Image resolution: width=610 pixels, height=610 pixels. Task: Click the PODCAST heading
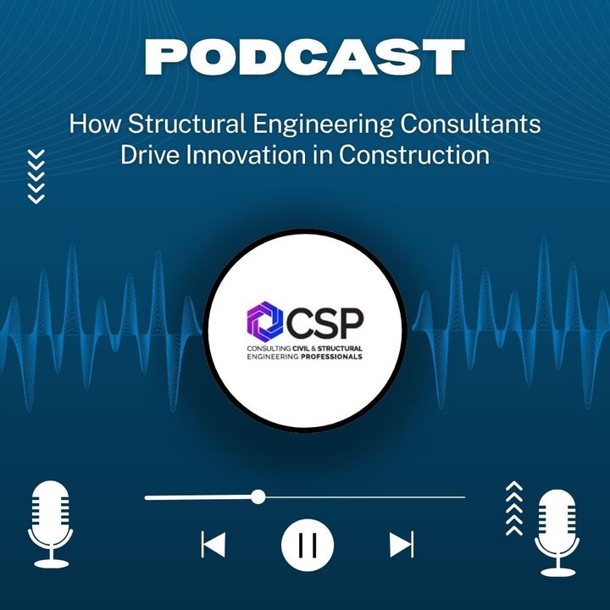(305, 57)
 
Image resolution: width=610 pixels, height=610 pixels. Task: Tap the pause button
(308, 545)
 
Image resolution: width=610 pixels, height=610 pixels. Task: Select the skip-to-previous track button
(213, 544)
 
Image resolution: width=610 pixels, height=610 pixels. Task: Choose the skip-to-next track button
(402, 544)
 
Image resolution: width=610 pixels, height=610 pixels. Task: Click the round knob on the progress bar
(258, 497)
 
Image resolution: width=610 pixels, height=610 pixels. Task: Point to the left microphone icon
(51, 524)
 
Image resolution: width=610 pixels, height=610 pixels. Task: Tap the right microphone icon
(557, 533)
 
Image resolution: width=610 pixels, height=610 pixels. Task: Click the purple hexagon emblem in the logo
(265, 319)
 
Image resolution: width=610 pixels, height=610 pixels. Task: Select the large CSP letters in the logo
(324, 323)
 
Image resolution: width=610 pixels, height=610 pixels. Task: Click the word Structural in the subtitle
(186, 124)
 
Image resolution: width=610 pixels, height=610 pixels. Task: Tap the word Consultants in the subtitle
(470, 124)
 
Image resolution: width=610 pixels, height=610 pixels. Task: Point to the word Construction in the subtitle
(414, 155)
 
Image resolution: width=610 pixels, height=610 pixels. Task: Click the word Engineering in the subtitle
(323, 125)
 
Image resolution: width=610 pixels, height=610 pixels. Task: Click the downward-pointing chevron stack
(36, 176)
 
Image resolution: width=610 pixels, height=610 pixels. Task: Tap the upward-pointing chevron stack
(514, 508)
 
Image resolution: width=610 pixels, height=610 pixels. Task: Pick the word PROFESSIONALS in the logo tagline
(331, 357)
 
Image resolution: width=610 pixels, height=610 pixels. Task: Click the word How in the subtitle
(95, 124)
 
